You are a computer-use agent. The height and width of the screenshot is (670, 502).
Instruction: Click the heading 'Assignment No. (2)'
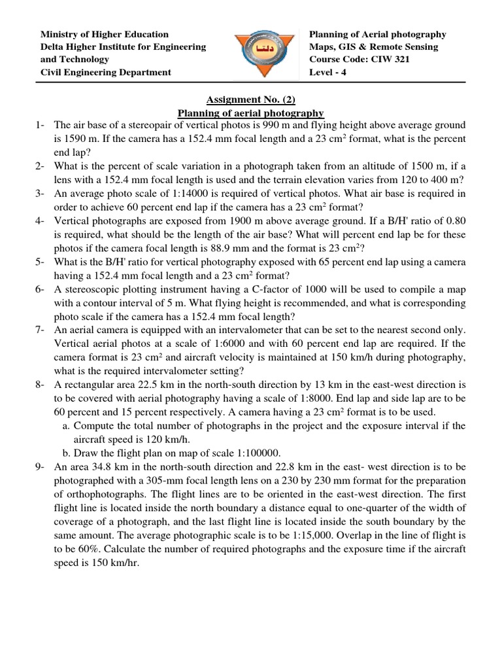tap(251, 99)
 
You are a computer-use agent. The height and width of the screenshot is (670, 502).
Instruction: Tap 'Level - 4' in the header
tap(329, 72)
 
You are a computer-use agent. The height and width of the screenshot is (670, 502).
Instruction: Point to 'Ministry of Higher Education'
tap(105, 34)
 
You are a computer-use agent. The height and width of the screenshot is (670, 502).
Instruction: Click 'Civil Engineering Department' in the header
tap(106, 72)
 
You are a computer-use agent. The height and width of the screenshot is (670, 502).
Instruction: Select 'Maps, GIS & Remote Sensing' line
tap(373, 47)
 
